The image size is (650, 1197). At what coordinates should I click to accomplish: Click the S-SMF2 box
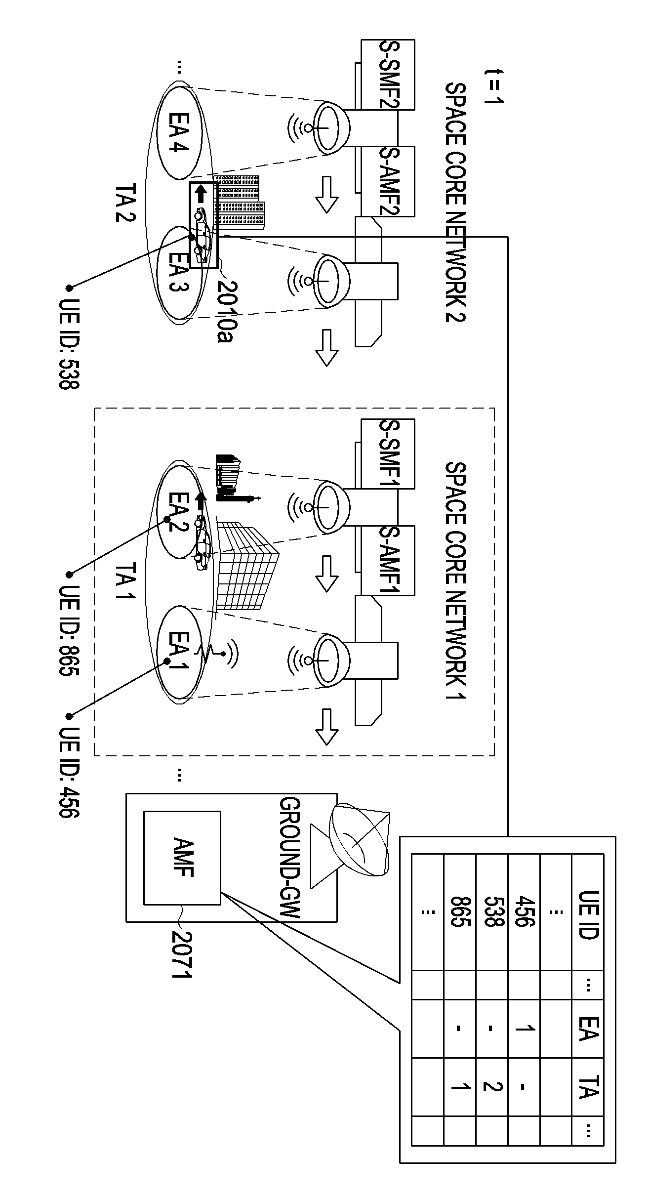click(388, 75)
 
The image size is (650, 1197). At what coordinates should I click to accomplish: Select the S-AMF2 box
click(388, 181)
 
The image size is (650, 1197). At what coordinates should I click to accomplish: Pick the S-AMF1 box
click(388, 560)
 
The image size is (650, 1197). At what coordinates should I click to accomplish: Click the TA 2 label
click(125, 204)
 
